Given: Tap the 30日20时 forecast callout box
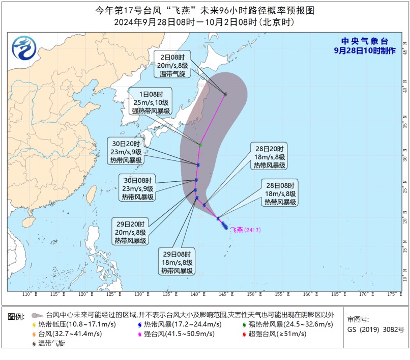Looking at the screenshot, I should [127, 151].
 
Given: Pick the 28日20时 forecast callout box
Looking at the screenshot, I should [270, 156].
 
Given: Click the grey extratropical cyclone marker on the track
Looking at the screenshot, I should [225, 94].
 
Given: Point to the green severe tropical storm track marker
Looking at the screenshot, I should [200, 145].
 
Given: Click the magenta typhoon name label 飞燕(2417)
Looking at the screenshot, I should [246, 230].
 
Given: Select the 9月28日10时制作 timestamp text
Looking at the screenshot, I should [364, 50].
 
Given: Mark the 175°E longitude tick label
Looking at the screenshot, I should [391, 294].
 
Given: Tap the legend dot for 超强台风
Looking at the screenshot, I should [245, 334].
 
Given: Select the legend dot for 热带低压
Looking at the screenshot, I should [34, 325].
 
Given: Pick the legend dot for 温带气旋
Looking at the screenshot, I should [34, 344].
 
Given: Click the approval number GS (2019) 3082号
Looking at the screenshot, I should [375, 329].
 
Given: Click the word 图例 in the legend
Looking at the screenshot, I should [16, 317].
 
